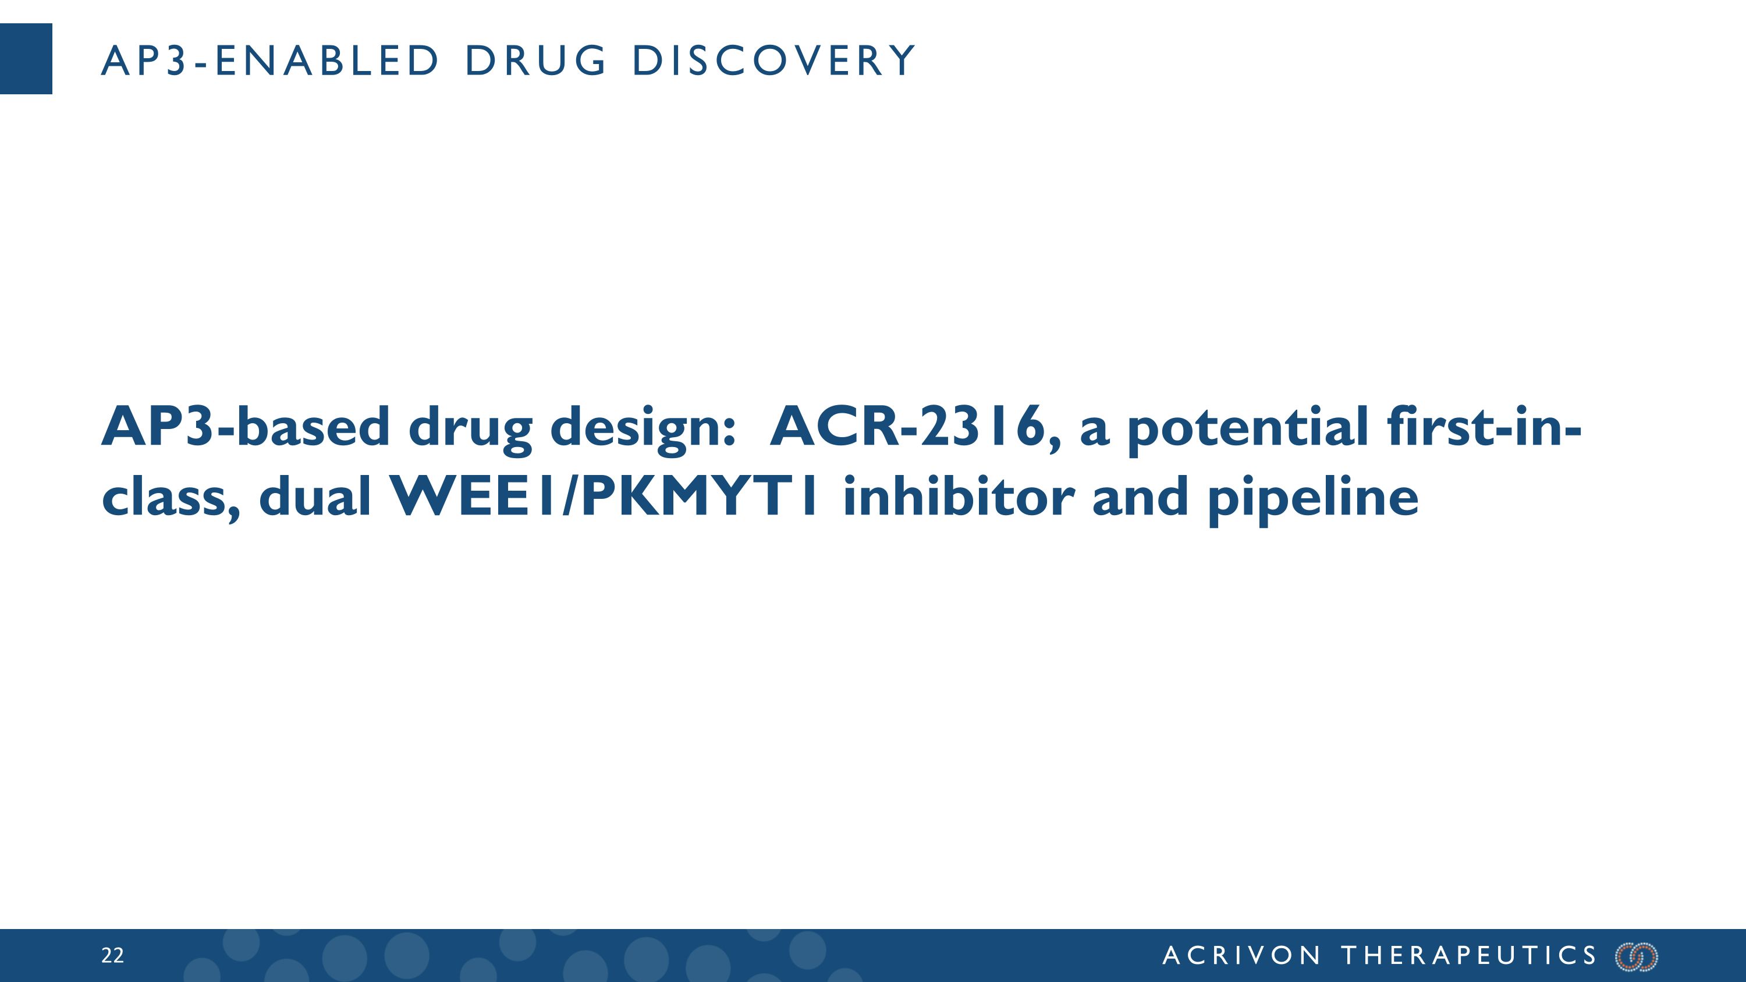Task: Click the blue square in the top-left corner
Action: click(26, 59)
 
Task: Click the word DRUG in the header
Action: click(535, 61)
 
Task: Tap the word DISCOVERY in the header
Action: click(774, 61)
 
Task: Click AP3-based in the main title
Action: click(246, 427)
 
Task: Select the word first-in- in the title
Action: click(1484, 427)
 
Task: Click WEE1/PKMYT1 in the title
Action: click(605, 497)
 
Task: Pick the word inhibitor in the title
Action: click(959, 497)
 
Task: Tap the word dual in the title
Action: click(315, 497)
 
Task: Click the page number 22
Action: click(112, 956)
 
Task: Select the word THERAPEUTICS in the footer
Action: click(1470, 956)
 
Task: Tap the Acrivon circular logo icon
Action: click(1637, 956)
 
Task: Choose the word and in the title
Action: click(1140, 497)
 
